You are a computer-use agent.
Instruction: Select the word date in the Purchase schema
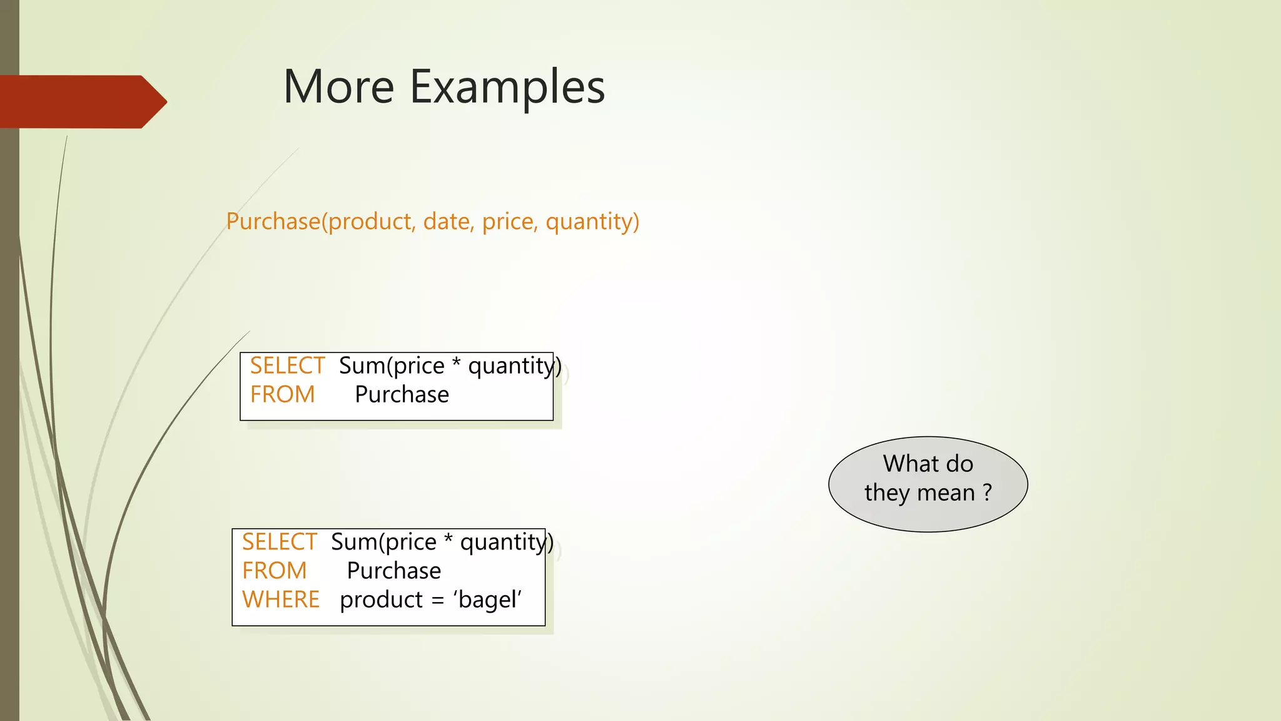coord(447,222)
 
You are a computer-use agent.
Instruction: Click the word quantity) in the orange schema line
coord(592,222)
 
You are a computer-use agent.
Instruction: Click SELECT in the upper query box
coord(287,366)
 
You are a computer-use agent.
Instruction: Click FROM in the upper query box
coord(282,394)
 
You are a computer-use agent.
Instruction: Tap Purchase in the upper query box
coord(402,394)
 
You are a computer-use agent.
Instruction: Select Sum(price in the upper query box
coord(392,366)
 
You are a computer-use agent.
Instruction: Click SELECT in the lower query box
coord(279,542)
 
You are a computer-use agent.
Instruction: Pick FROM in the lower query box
coord(274,571)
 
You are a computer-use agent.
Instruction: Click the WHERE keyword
coord(280,600)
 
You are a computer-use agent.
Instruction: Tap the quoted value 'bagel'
coord(487,600)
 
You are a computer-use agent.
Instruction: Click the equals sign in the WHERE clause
coord(438,601)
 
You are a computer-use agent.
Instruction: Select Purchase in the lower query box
coord(393,571)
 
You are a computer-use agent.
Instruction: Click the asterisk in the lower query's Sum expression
coord(448,539)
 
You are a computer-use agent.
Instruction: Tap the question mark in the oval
coord(987,493)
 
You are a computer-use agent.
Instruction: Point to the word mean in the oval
coord(946,493)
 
